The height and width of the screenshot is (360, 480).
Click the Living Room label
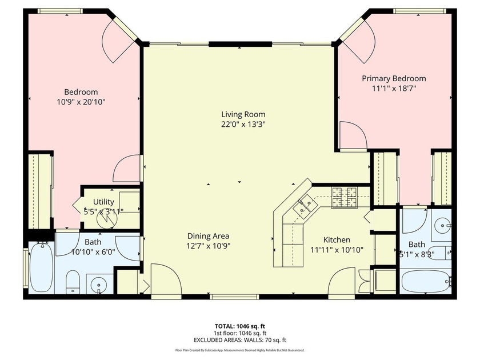(243, 114)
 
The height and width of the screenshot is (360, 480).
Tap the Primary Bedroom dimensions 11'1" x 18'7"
(394, 89)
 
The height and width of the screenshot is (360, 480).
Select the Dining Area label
(208, 236)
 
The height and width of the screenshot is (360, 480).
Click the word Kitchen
(337, 239)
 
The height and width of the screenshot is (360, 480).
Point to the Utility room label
(103, 202)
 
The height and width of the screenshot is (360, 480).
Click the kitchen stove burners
(345, 198)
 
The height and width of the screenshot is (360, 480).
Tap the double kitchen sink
(303, 206)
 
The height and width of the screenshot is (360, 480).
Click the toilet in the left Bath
(73, 282)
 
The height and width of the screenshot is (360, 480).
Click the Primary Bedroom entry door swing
(354, 135)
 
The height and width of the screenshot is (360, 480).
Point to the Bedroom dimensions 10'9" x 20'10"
(81, 102)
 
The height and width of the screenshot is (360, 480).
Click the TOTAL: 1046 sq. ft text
(238, 326)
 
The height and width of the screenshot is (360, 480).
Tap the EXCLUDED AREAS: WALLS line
(240, 340)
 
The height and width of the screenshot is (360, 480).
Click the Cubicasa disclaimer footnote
(240, 350)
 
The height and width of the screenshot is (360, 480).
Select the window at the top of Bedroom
(61, 11)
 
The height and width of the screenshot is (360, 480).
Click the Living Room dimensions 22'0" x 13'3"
(243, 125)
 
